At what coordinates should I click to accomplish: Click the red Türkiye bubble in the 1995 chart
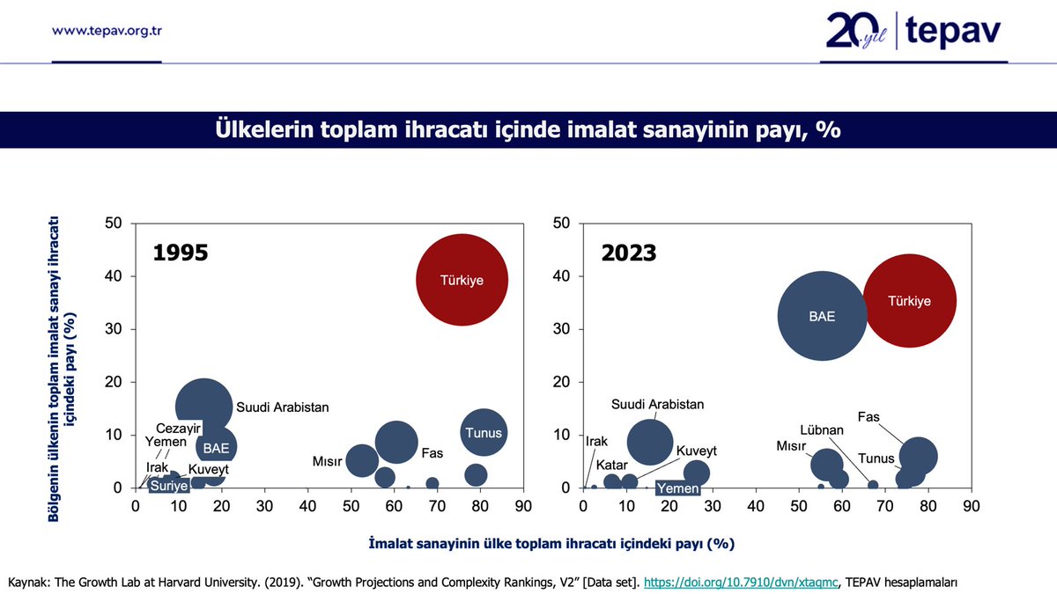[x=462, y=280]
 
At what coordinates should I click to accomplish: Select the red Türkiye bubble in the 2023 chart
[x=909, y=301]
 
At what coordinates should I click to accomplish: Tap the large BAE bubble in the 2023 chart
[x=822, y=316]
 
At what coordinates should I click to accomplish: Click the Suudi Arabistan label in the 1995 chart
[x=282, y=407]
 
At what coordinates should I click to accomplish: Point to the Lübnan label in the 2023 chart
[x=822, y=430]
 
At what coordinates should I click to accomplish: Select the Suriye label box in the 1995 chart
[x=167, y=485]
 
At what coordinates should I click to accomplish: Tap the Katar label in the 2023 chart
[x=611, y=464]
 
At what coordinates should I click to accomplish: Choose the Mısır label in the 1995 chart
[x=328, y=461]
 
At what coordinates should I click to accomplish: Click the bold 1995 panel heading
[x=181, y=253]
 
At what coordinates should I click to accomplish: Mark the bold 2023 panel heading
[x=629, y=253]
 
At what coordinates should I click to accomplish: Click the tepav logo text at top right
[x=953, y=33]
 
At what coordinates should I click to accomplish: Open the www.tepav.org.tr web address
[x=107, y=31]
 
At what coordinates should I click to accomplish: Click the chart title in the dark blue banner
[x=528, y=129]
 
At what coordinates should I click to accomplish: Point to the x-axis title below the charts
[x=551, y=543]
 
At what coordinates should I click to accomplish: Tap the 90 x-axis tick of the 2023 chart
[x=971, y=506]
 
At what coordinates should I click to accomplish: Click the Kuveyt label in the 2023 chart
[x=696, y=451]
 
